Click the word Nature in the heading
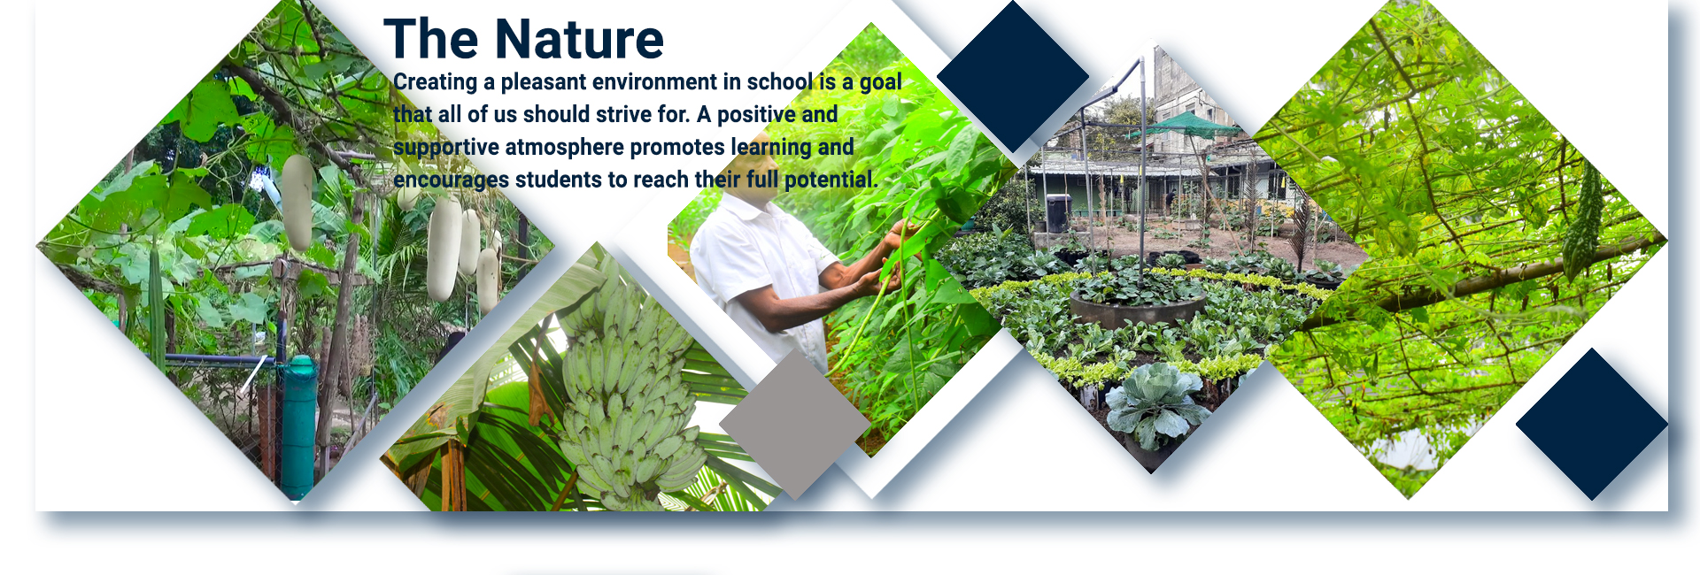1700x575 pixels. click(579, 39)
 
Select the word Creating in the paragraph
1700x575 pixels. click(435, 82)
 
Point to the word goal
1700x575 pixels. click(880, 82)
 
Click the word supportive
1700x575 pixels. click(446, 148)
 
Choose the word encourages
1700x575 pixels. click(451, 180)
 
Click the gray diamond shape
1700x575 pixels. click(795, 425)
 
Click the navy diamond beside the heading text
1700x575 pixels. click(1013, 77)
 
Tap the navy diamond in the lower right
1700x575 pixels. click(1592, 425)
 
